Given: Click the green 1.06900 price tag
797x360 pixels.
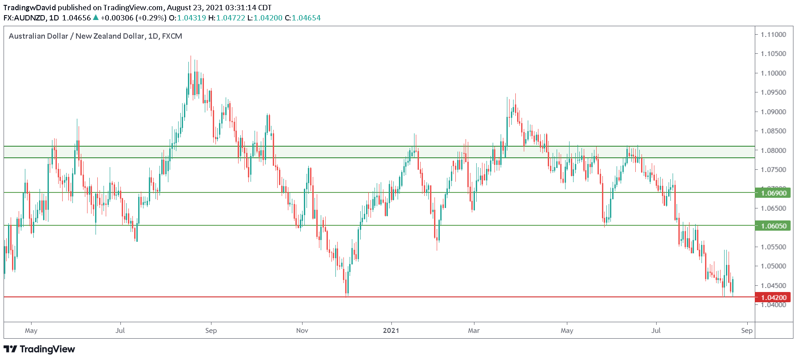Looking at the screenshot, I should (773, 193).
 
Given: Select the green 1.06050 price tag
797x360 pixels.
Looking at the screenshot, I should (773, 226).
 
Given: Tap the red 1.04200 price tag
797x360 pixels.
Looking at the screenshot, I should (773, 297).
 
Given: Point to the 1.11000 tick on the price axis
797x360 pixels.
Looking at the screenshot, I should (773, 35).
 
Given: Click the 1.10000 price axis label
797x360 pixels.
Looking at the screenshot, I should (773, 73).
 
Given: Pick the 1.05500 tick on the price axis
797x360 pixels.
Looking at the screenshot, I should (773, 247).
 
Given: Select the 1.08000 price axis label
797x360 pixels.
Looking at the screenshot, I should (773, 151).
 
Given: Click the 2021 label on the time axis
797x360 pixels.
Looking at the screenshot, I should (391, 331).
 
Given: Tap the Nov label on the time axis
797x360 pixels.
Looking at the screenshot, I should (302, 331).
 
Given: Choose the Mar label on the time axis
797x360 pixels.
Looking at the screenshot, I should (474, 331).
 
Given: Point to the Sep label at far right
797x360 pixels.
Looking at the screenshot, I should (747, 331).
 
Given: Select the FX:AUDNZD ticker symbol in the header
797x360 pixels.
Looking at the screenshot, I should (24, 18).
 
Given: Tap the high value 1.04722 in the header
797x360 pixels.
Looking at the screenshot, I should (231, 18).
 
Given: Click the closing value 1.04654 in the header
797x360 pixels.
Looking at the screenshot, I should (306, 18).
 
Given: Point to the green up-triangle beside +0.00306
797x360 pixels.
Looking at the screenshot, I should (96, 18).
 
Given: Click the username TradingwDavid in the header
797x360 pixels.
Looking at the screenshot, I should (29, 8).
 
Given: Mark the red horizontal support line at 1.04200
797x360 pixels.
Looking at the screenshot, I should (178, 297).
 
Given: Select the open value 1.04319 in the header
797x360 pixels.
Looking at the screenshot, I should (191, 18).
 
